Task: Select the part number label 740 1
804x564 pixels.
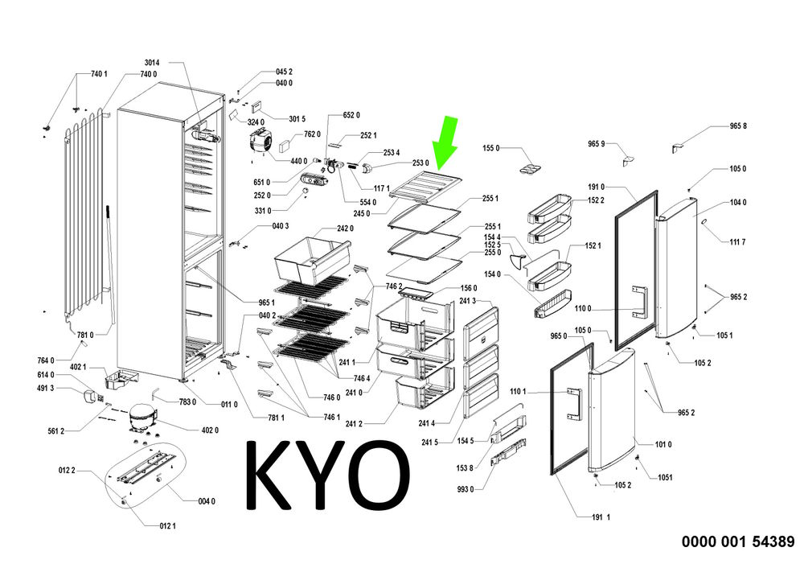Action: coord(99,74)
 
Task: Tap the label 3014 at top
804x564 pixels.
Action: coord(152,63)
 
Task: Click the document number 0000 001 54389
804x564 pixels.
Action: coord(738,541)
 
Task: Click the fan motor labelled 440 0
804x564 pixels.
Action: coord(260,142)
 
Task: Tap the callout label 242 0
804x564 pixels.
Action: coord(345,228)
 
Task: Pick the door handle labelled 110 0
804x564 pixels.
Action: coord(640,302)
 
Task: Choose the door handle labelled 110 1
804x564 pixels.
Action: coord(576,404)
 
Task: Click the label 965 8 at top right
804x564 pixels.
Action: coord(738,126)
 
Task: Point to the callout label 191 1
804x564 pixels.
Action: coord(601,517)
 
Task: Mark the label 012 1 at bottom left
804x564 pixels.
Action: coord(167,526)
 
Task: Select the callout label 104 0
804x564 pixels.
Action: coord(738,202)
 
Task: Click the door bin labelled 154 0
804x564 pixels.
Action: coord(552,304)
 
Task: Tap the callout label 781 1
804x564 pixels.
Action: coord(276,418)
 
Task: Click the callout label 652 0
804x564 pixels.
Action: coord(351,115)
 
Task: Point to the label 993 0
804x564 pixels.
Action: coord(465,490)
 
